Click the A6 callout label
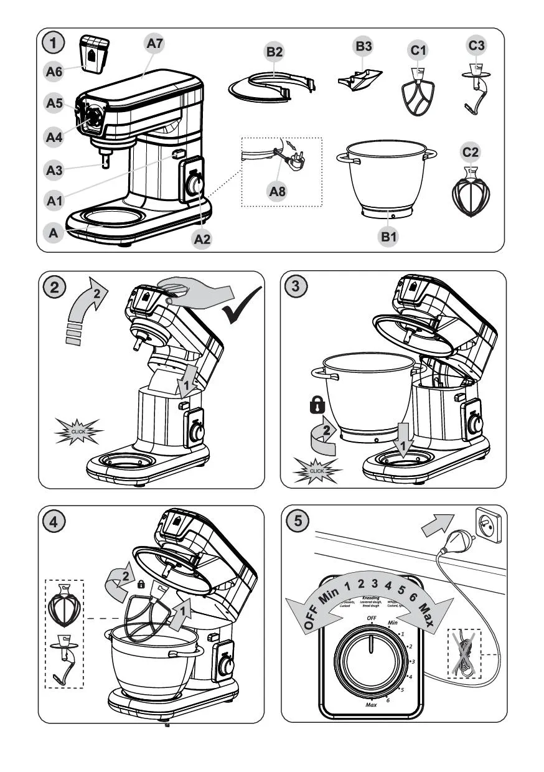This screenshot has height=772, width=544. coord(54,73)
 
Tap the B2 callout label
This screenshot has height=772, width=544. coord(274,53)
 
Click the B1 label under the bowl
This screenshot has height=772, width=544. coord(389,237)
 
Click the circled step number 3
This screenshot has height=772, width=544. coord(294,287)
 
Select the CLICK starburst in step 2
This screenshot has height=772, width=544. coord(79,431)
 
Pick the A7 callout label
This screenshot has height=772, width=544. coord(156,44)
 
